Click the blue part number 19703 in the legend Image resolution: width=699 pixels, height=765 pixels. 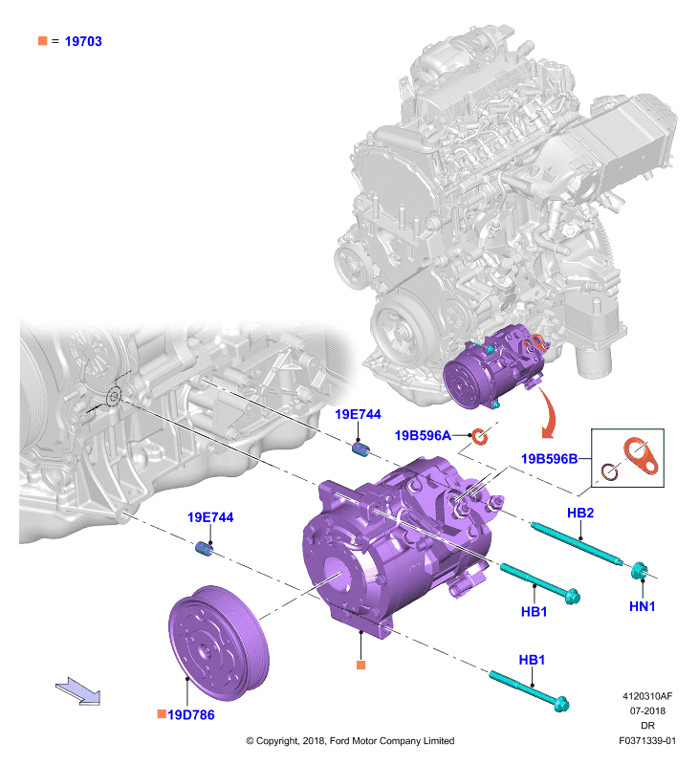83,41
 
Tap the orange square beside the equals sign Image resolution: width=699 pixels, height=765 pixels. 43,40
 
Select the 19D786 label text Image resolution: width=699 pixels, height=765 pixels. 190,714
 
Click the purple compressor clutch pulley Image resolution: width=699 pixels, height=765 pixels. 219,643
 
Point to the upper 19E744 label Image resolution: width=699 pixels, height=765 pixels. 358,414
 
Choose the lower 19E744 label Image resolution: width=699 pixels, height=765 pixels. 210,517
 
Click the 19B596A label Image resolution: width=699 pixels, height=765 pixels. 423,435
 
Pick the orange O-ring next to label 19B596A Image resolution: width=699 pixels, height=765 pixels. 479,436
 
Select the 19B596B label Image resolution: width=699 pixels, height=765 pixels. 549,459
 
